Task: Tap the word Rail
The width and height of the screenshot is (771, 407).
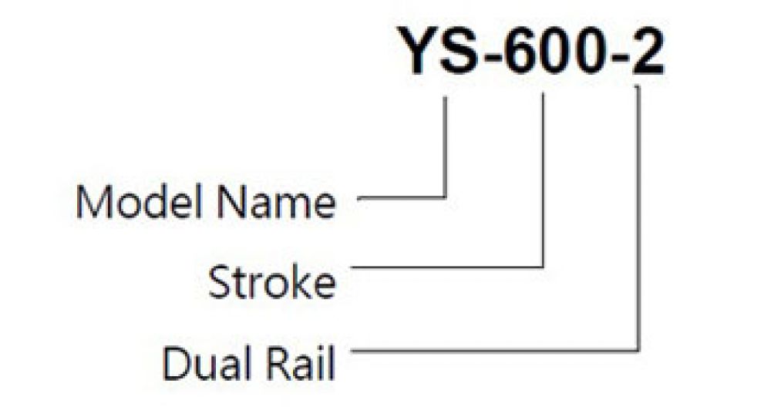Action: coord(301,363)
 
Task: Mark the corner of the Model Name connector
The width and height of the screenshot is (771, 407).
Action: coord(446,197)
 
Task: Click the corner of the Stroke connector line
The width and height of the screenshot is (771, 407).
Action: coord(542,267)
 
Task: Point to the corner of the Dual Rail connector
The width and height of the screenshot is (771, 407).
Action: coord(638,350)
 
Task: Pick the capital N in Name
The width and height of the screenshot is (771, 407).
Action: coord(231,203)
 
